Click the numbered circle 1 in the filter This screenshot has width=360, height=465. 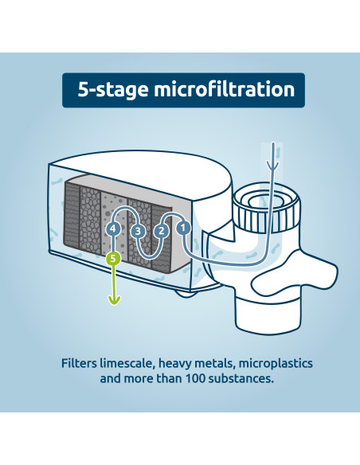183,226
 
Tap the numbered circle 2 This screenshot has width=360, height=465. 161,231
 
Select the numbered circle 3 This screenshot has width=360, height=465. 138,231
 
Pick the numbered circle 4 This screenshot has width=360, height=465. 115,229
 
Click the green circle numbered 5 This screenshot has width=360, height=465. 114,259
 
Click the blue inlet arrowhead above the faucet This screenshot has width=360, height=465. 274,166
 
